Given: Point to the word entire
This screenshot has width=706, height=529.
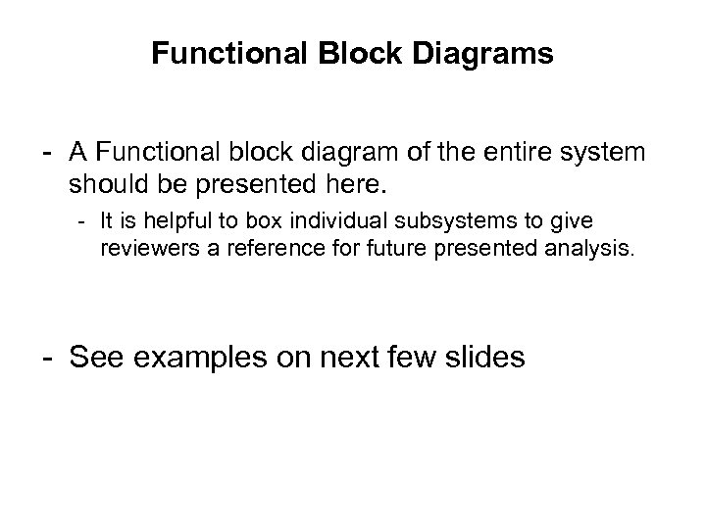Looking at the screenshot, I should (x=516, y=153).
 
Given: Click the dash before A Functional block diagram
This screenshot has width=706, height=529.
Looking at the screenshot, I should (x=46, y=154).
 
